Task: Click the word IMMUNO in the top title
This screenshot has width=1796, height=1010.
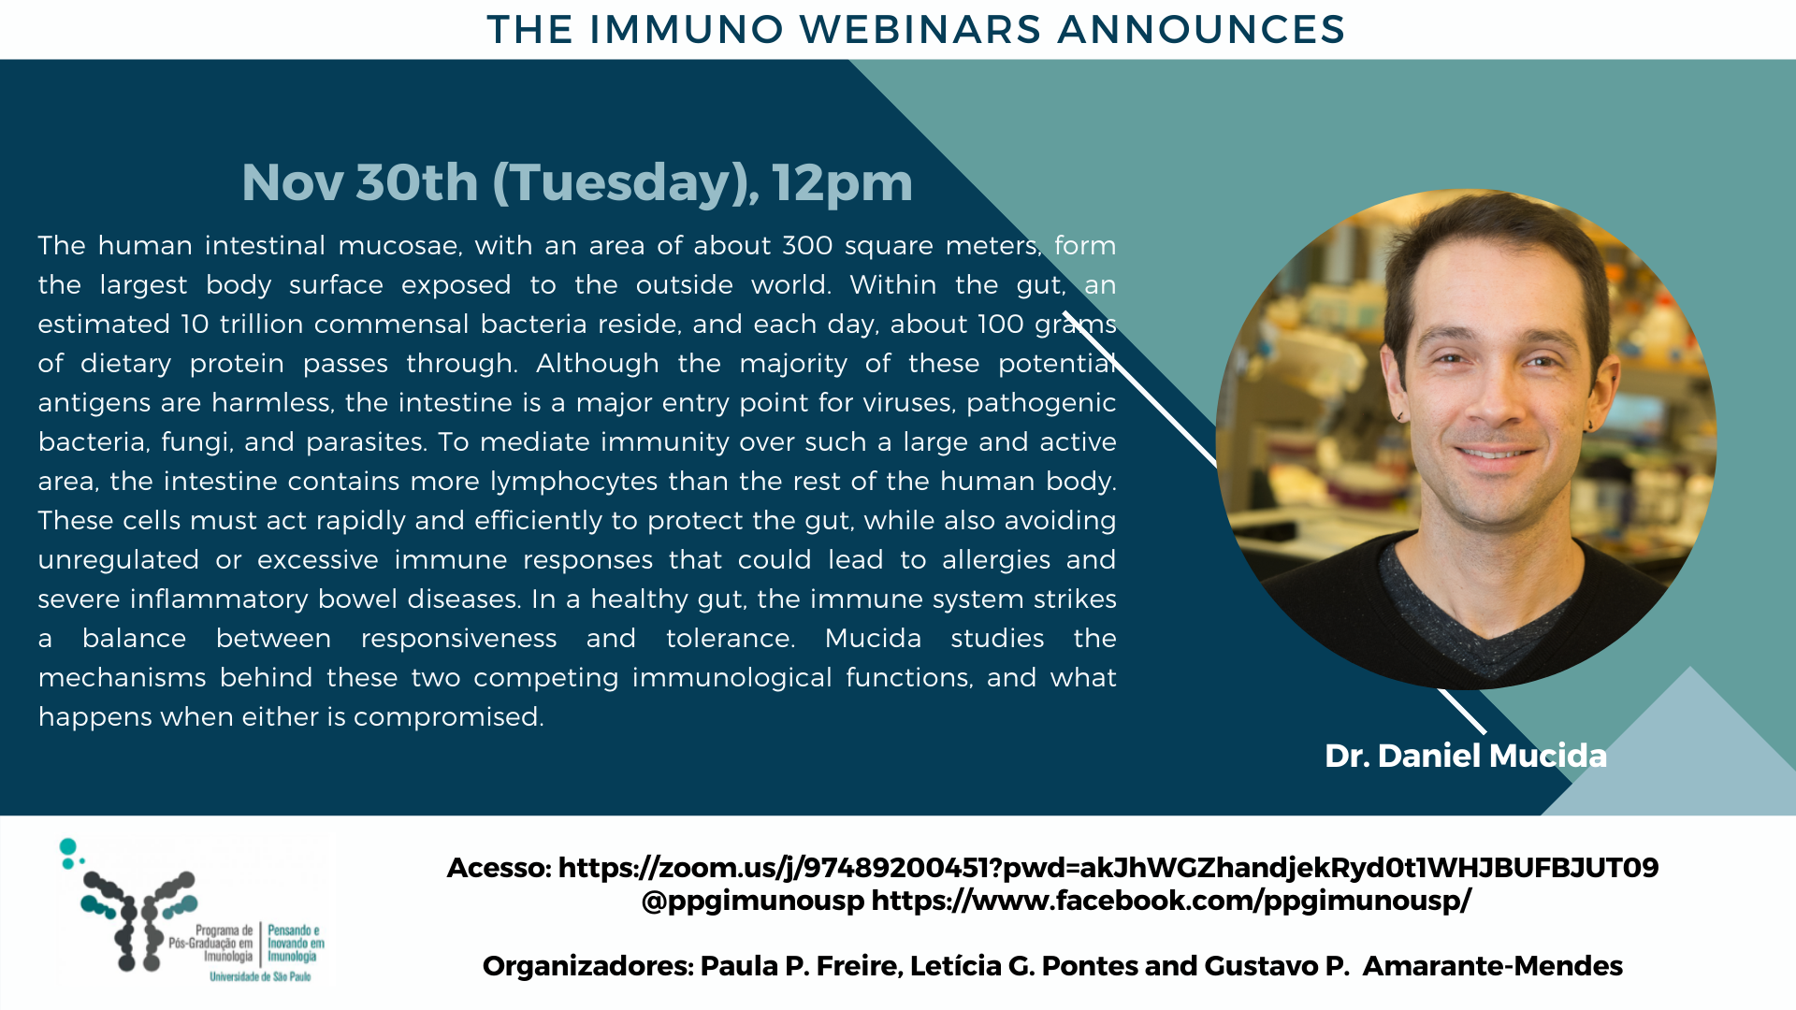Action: pyautogui.click(x=687, y=29)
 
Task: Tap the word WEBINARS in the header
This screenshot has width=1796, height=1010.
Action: pyautogui.click(x=920, y=29)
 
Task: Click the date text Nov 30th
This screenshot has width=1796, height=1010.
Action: pyautogui.click(x=360, y=182)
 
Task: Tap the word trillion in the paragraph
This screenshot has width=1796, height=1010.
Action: pyautogui.click(x=261, y=324)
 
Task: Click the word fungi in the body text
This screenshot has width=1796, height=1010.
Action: pyautogui.click(x=196, y=442)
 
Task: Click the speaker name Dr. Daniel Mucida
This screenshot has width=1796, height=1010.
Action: pyautogui.click(x=1466, y=756)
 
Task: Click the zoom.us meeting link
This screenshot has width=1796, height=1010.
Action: pyautogui.click(x=1108, y=868)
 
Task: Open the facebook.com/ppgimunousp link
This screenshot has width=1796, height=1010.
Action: pyautogui.click(x=1171, y=901)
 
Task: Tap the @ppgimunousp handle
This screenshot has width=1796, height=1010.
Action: pyautogui.click(x=753, y=902)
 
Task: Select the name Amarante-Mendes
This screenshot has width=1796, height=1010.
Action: pyautogui.click(x=1492, y=966)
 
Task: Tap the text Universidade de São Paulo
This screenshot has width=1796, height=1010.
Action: pyautogui.click(x=260, y=977)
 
